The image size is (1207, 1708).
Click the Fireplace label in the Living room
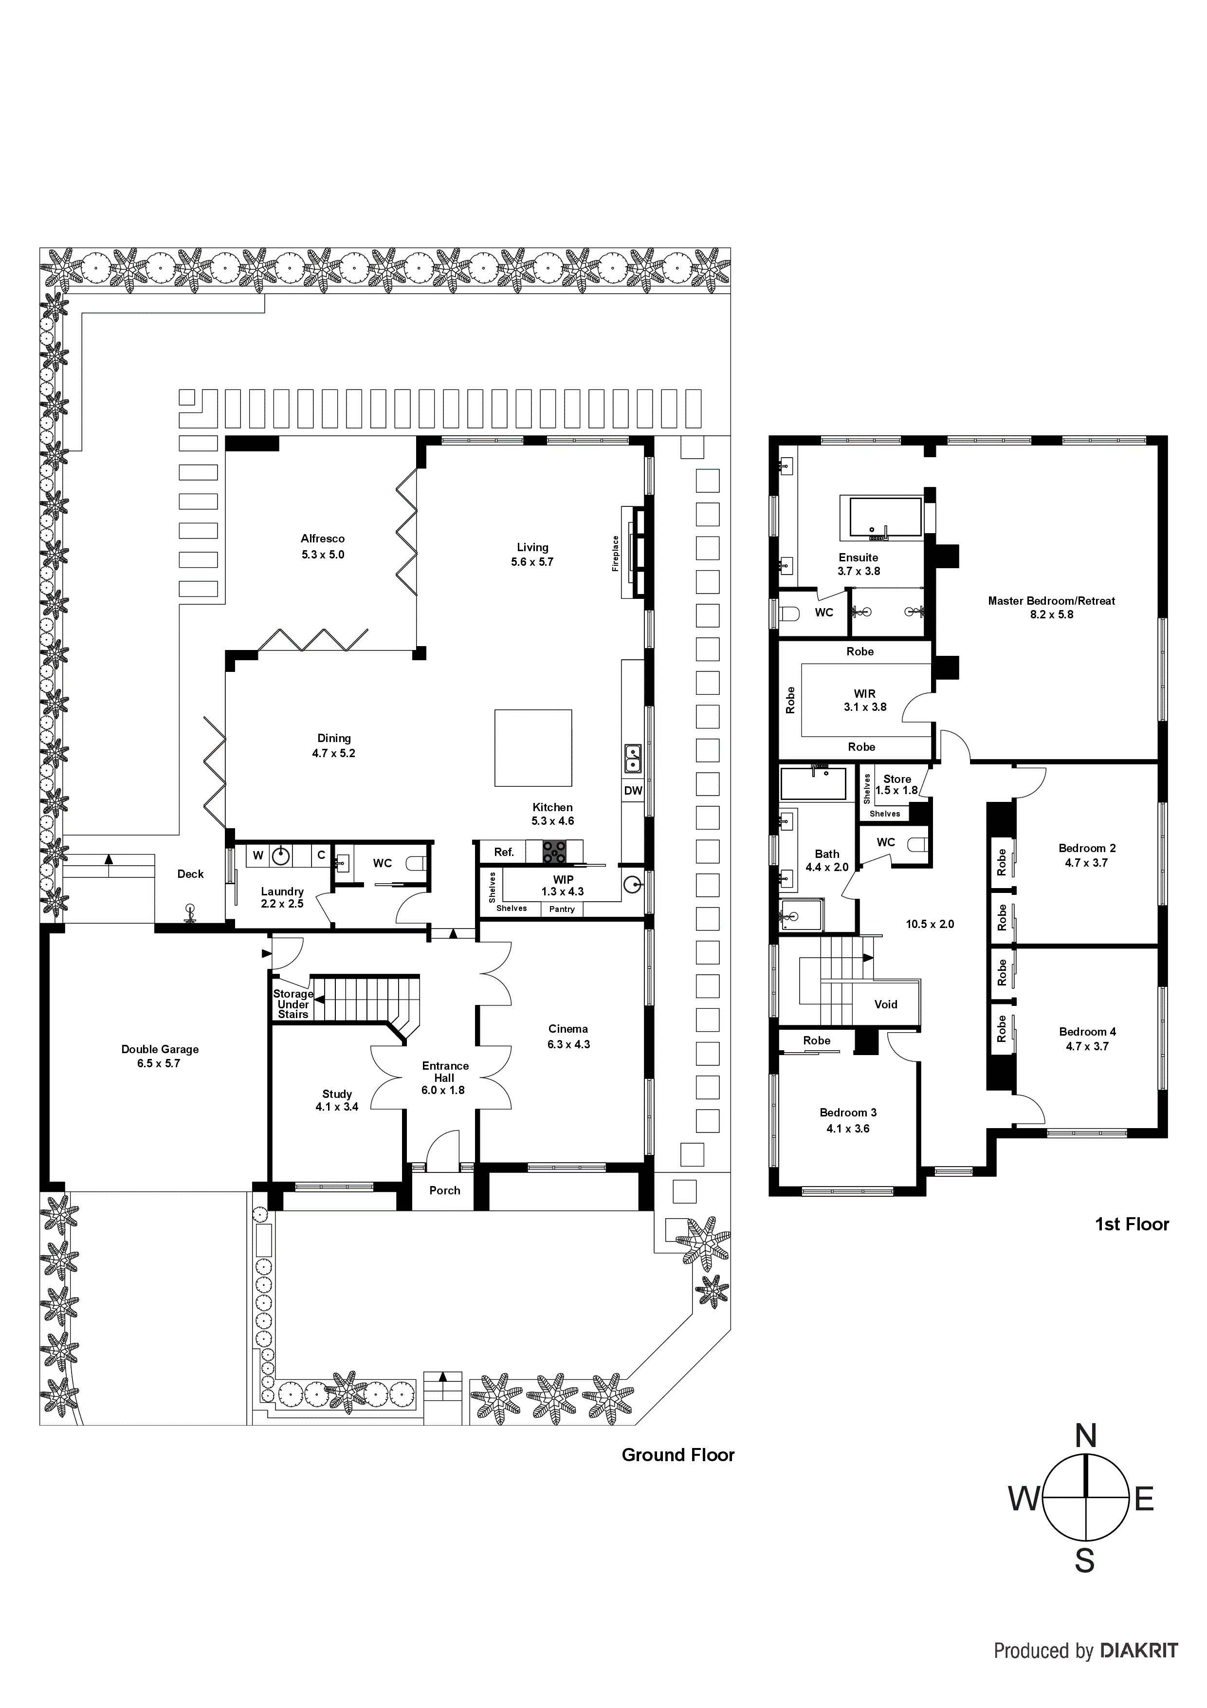(x=615, y=554)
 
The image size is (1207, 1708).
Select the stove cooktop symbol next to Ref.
(x=554, y=852)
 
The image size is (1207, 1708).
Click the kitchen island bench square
(x=533, y=748)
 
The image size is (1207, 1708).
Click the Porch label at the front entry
(x=445, y=1190)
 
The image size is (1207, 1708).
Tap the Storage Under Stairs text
(x=293, y=1004)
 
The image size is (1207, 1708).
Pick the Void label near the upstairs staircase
(x=886, y=1004)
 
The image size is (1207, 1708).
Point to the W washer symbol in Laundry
(x=258, y=855)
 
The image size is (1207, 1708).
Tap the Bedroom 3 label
(x=848, y=1113)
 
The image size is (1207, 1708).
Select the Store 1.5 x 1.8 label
(x=897, y=785)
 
